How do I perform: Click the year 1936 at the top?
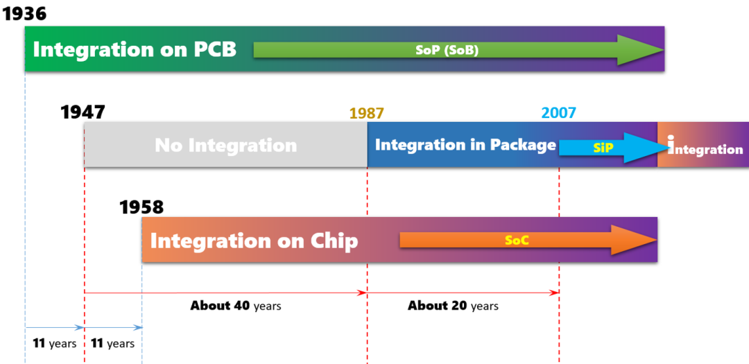coord(24,13)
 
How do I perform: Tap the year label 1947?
coord(83,112)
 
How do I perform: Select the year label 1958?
coord(141,207)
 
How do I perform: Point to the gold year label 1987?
coord(366,113)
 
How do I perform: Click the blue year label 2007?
coord(558,113)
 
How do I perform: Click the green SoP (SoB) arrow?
coord(458,50)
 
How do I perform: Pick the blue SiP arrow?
coord(614,148)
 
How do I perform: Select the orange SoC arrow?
coord(528,241)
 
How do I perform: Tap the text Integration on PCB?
coord(135,50)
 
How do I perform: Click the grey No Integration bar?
coord(226,144)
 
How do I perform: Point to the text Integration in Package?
coord(466,145)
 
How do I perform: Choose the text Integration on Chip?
coord(254,241)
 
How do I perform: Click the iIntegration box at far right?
coord(703,144)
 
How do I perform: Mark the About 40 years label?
coord(236,306)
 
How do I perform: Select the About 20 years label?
coord(453,306)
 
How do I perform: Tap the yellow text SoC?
coord(517,241)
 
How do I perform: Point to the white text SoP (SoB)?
coord(447,51)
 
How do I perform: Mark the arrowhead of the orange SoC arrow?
coord(635,241)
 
